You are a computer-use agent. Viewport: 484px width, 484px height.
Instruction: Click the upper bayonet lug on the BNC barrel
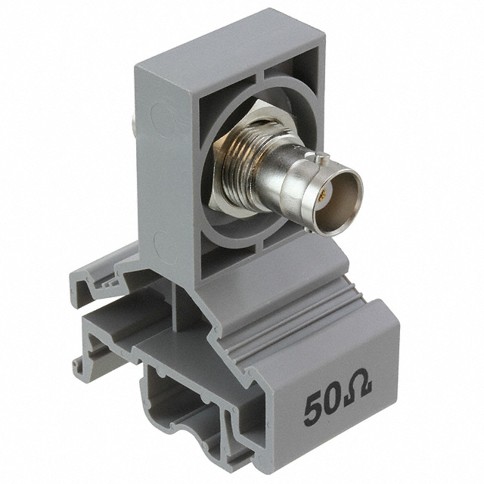[x=317, y=158]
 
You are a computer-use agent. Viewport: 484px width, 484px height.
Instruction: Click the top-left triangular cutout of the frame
[x=222, y=92]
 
